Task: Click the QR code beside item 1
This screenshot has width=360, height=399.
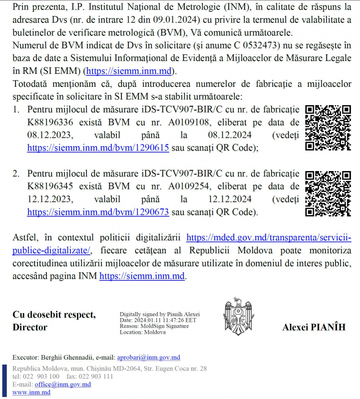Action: [328, 128]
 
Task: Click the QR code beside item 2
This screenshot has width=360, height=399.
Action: [328, 194]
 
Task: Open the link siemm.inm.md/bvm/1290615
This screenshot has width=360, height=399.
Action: [98, 148]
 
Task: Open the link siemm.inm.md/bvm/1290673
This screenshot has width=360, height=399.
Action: [98, 212]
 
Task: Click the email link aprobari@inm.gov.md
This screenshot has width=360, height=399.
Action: [148, 358]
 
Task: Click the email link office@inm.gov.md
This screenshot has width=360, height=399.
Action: [63, 385]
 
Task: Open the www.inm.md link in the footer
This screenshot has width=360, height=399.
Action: [31, 393]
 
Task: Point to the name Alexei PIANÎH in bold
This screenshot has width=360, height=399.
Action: [314, 327]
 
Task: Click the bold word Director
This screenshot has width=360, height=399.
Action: [30, 328]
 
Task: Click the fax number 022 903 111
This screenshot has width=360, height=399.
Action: [97, 377]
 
